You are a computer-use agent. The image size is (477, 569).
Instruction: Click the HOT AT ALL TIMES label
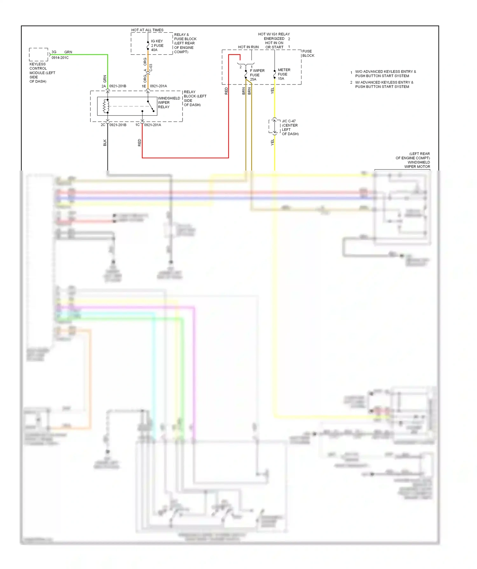coord(147,30)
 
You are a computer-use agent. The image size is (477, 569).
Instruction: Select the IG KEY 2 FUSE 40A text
coord(157,45)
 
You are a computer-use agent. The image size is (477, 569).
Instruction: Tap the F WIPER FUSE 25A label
coord(257,75)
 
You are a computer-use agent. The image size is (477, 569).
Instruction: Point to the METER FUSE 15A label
coord(284,74)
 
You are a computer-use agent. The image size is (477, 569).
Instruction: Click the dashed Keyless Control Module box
coord(38,54)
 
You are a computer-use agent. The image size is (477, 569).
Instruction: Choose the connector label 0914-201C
coord(60,58)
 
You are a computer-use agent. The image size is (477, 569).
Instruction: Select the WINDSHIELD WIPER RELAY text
coord(169,103)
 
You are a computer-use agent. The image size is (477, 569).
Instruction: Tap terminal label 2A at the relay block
coord(104,86)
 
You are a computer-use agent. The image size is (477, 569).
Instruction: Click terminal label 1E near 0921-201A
coord(144,86)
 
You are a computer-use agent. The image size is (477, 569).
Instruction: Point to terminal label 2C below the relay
coord(103,125)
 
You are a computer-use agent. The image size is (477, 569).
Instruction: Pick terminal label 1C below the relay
coord(137,125)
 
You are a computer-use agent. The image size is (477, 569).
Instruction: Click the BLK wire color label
coord(105,143)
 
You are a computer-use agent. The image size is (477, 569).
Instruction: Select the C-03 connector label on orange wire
coord(151,68)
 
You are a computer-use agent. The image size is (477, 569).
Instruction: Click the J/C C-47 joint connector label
coord(289,121)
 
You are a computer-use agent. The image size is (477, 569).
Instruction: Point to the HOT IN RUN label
coord(248,47)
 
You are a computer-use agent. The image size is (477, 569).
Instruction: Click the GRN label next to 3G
coord(68,52)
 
